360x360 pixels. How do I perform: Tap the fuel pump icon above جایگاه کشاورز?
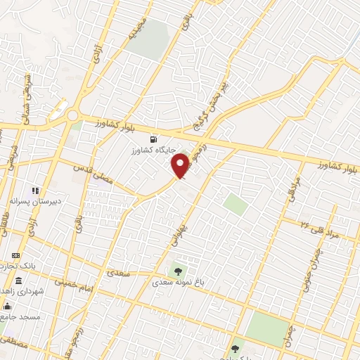point(155,139)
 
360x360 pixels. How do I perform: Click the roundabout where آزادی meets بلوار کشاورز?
point(72,115)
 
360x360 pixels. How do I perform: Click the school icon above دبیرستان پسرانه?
point(35,190)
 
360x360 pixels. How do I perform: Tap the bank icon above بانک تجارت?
point(16,255)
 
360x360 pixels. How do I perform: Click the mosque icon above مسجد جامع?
point(8,306)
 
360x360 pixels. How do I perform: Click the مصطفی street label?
point(15,344)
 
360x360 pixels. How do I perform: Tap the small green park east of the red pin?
point(236,205)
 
